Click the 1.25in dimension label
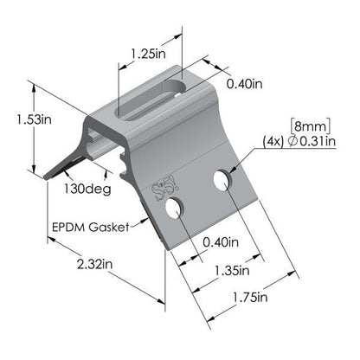pos(149,54)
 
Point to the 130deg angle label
pos(83,186)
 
